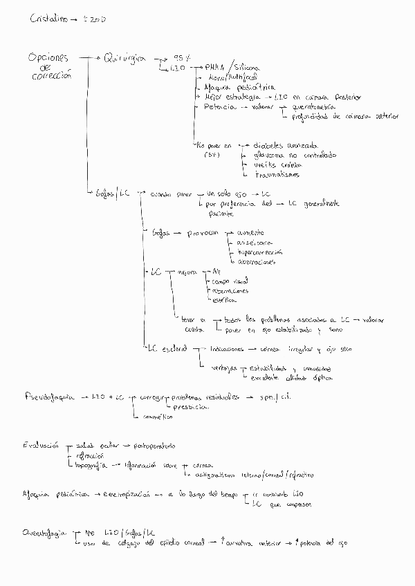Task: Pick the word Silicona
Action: pos(248,68)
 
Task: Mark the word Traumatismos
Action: pos(277,175)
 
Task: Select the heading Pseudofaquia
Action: pos(48,398)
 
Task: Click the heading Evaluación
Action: pos(41,446)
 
